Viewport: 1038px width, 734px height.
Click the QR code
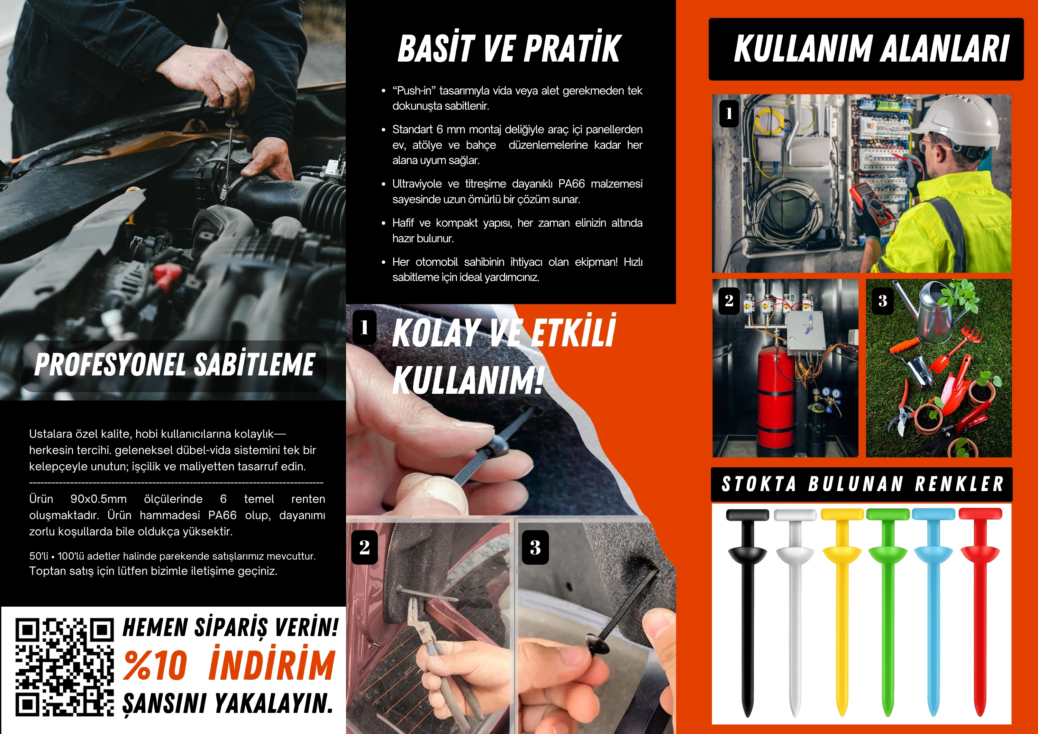click(x=65, y=668)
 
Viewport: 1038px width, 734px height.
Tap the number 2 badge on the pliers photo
click(x=364, y=547)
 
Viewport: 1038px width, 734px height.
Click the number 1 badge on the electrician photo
click(x=729, y=113)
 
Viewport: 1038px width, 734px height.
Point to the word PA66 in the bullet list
click(x=572, y=184)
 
